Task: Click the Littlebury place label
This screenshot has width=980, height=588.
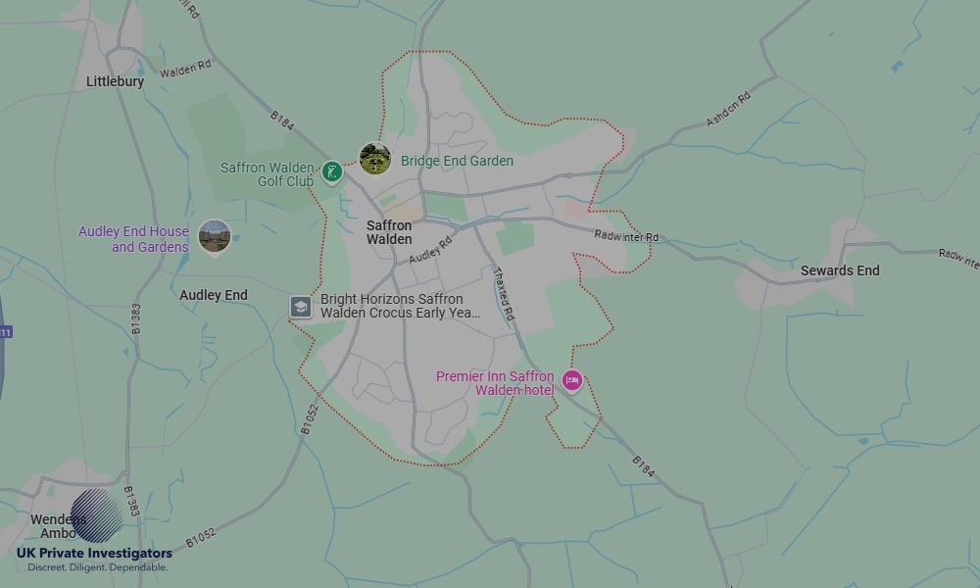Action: click(x=115, y=81)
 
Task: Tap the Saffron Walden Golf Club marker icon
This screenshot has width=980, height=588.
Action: click(x=332, y=172)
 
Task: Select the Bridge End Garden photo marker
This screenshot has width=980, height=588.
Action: click(x=374, y=159)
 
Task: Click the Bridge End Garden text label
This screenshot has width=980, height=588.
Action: click(x=457, y=161)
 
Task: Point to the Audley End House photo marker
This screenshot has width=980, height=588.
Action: click(x=214, y=236)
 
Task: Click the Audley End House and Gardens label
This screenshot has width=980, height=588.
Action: click(x=134, y=239)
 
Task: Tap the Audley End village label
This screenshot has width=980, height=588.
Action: click(x=214, y=295)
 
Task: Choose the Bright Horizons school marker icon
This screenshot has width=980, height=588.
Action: click(x=300, y=307)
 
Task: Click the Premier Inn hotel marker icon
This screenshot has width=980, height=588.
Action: click(x=572, y=380)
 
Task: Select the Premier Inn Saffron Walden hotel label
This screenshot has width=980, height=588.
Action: click(x=495, y=383)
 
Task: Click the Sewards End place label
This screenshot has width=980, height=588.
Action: click(x=840, y=270)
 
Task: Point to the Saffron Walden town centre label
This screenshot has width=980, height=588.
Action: click(x=389, y=232)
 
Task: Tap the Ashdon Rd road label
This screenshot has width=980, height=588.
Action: click(x=728, y=109)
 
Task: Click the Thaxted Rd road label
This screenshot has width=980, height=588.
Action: click(x=504, y=295)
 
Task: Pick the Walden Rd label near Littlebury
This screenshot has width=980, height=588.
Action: click(x=185, y=70)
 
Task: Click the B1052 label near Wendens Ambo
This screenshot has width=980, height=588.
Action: click(x=200, y=536)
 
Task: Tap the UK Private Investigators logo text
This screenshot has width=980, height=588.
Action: click(x=94, y=554)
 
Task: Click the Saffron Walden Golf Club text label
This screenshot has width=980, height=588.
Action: click(x=267, y=174)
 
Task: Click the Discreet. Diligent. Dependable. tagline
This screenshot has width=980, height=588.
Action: click(x=97, y=567)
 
